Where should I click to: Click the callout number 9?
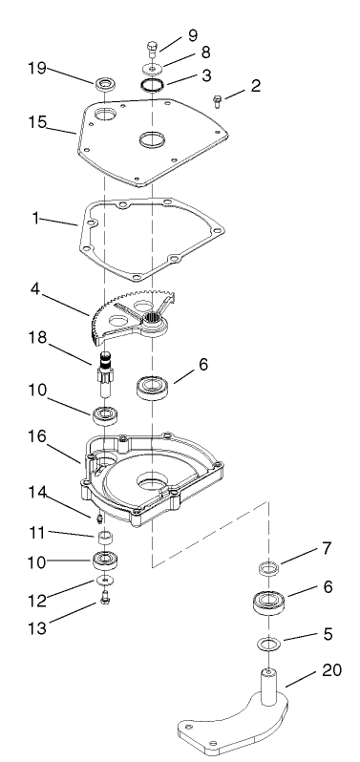point(193,35)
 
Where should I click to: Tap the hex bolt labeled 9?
point(152,48)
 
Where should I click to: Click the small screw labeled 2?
point(217,99)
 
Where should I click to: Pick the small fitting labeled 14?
point(100,515)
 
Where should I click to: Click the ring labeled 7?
point(268,570)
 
